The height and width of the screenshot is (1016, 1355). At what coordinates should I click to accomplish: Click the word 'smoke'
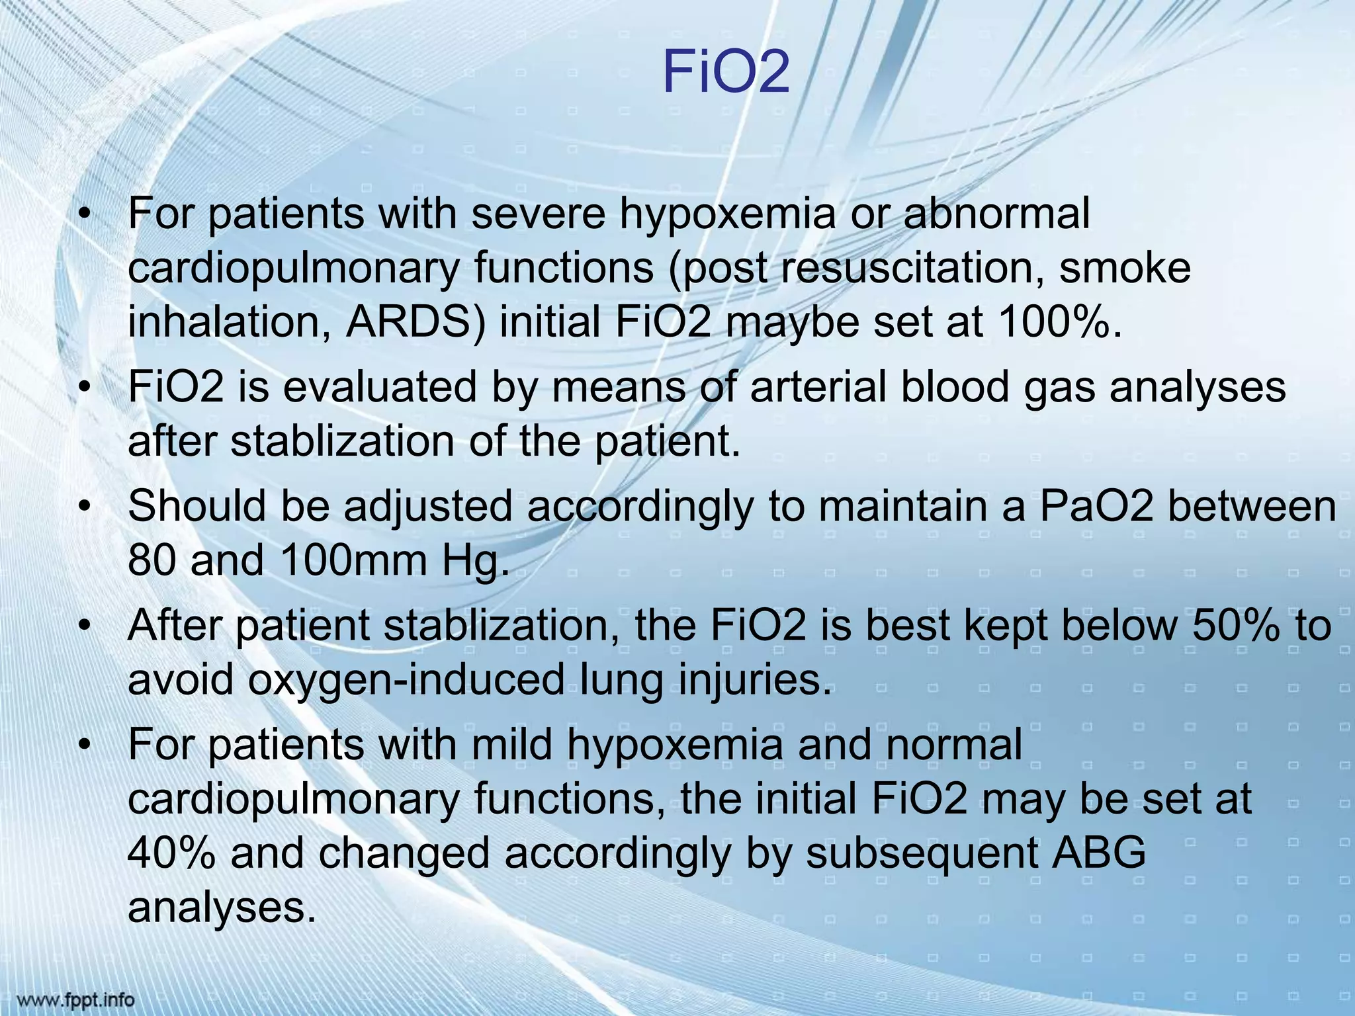[x=1125, y=268]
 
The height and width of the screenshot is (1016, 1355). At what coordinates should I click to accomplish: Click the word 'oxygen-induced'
[x=407, y=679]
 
